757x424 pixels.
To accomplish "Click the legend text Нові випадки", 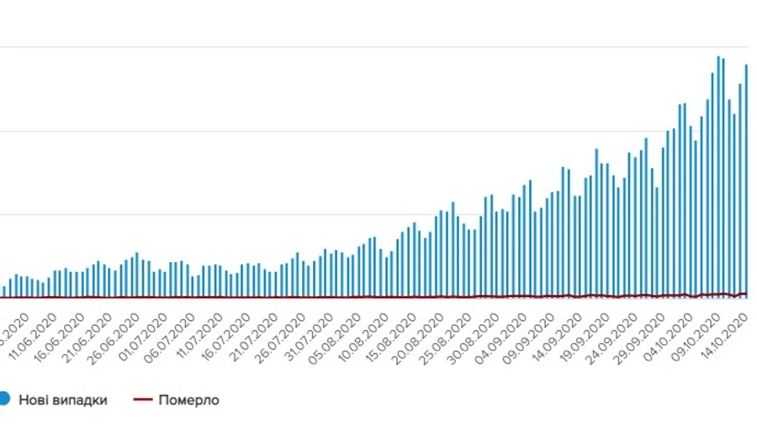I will tap(63, 400).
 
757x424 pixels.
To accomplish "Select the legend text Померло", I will tap(188, 400).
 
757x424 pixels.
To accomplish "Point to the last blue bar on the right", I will tap(746, 181).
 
